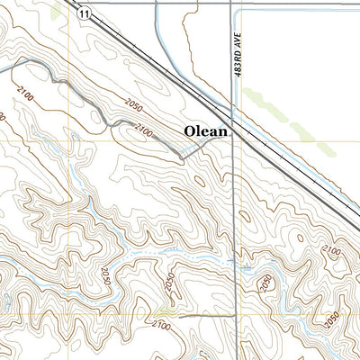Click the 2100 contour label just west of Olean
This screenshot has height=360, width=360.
click(143, 134)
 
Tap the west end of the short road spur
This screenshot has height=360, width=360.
click(179, 317)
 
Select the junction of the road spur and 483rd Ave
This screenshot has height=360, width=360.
click(233, 317)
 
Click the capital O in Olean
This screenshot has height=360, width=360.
click(191, 131)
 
